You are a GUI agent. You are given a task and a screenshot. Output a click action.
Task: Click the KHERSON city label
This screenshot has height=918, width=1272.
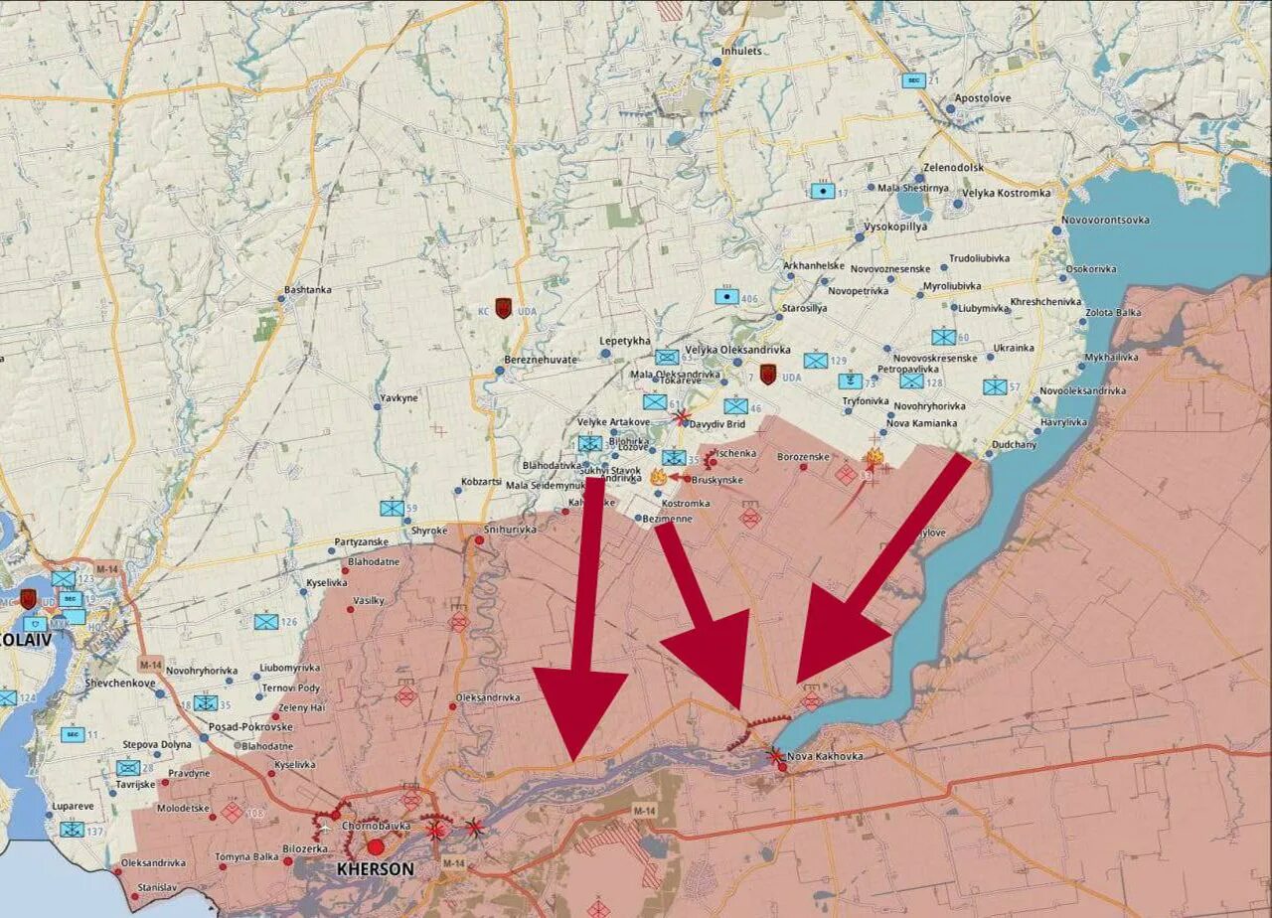pyautogui.click(x=376, y=869)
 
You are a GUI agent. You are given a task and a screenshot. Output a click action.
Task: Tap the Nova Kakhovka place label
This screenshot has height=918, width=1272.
pyautogui.click(x=825, y=757)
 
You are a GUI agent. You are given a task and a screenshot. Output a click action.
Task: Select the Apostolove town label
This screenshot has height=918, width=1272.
pyautogui.click(x=983, y=98)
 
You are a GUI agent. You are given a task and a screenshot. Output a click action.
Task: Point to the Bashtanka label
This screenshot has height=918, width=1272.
pyautogui.click(x=308, y=290)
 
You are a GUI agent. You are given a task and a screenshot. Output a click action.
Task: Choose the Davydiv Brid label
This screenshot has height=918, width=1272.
pyautogui.click(x=716, y=424)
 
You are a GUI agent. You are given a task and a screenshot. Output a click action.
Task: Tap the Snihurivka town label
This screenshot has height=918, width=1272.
pyautogui.click(x=510, y=530)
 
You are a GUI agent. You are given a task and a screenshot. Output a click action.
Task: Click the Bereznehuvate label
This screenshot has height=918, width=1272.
pyautogui.click(x=541, y=360)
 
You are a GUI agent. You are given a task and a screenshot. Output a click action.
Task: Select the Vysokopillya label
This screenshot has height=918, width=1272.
pyautogui.click(x=895, y=227)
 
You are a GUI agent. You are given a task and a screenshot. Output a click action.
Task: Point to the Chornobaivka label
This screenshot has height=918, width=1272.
pyautogui.click(x=376, y=826)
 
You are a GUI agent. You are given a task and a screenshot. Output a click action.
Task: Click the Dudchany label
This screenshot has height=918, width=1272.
pyautogui.click(x=1014, y=445)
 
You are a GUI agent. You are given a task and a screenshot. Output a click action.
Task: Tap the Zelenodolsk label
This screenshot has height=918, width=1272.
pyautogui.click(x=953, y=168)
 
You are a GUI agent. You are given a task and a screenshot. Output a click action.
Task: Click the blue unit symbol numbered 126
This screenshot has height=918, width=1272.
pyautogui.click(x=265, y=622)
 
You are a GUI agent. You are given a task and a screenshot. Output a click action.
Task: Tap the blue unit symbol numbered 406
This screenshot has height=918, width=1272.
pyautogui.click(x=726, y=296)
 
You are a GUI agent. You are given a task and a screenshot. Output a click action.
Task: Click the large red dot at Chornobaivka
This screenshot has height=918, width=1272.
pyautogui.click(x=376, y=846)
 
